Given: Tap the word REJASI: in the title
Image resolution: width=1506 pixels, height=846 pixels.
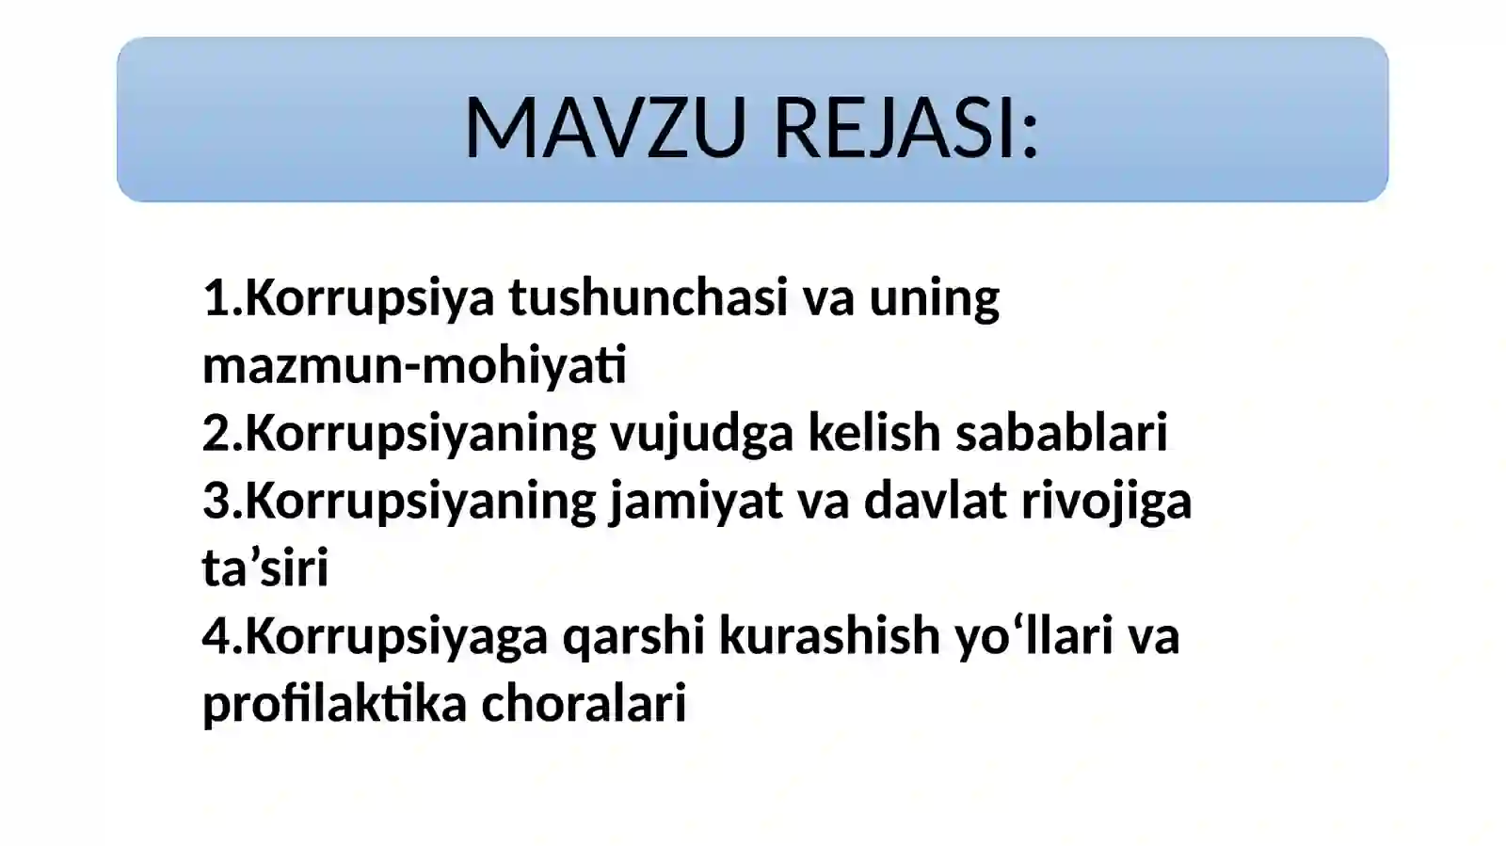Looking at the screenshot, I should [905, 128].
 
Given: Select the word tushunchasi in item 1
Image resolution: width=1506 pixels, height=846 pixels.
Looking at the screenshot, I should [648, 297].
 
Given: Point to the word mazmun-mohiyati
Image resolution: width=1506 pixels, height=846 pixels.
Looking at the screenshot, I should [414, 365].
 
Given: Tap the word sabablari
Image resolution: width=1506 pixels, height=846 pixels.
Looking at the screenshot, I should [1061, 433].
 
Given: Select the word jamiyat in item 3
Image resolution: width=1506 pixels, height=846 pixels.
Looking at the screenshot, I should [696, 502].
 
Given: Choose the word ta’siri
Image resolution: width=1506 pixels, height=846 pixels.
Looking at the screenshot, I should [265, 568].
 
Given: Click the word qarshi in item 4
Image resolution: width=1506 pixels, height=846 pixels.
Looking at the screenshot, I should [633, 637].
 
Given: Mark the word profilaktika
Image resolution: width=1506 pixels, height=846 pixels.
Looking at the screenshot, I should [334, 703].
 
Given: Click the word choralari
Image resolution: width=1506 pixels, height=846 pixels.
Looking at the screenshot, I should [584, 703].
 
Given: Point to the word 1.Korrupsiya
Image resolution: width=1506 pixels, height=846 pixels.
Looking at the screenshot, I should [348, 299].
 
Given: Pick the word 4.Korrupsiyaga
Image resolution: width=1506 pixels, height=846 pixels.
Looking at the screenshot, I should [375, 637].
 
